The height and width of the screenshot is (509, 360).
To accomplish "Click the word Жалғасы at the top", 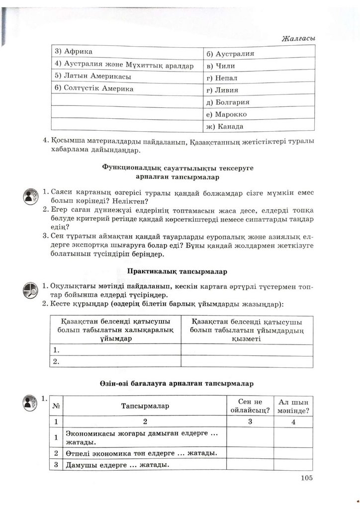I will click(298, 39).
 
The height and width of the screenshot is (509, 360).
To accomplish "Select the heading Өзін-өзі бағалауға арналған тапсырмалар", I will click(177, 384).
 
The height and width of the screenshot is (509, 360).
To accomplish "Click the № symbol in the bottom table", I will click(57, 406).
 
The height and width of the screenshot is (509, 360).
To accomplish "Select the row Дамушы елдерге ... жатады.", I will click(115, 465).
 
